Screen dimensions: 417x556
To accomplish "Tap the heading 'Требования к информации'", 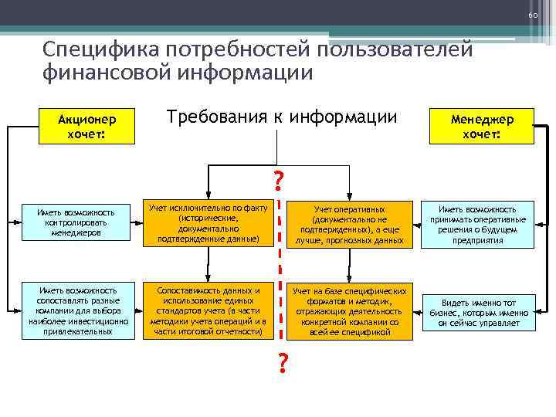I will click(x=282, y=117).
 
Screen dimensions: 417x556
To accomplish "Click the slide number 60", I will click(x=532, y=16).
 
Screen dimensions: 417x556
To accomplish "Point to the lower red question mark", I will click(x=283, y=361).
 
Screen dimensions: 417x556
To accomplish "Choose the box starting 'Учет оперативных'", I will click(x=349, y=224).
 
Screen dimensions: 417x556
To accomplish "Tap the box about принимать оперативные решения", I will click(x=478, y=224).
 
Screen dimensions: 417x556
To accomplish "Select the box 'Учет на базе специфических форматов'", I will click(x=348, y=311).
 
